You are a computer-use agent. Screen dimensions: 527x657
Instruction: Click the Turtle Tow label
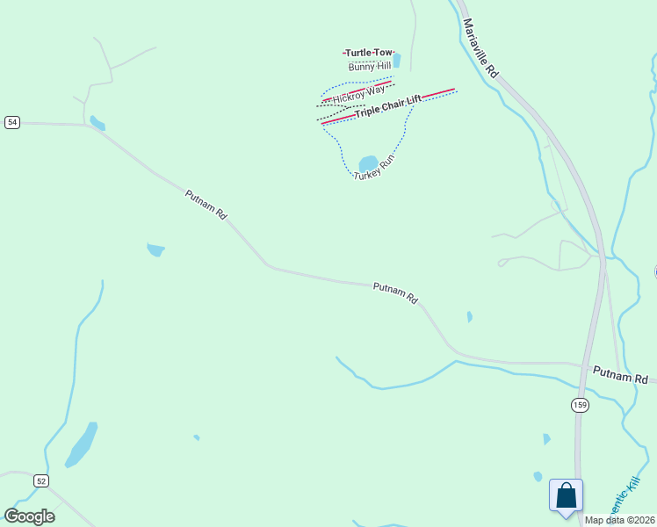[369, 54]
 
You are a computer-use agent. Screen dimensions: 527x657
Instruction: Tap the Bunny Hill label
[369, 67]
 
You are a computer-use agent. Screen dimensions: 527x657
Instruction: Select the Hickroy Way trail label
[358, 93]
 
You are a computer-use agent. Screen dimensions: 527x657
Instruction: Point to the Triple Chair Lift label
[387, 106]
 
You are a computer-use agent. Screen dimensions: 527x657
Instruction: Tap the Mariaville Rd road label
[480, 48]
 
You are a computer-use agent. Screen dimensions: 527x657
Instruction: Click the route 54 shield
[11, 122]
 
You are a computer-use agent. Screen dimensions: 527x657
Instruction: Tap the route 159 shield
[579, 404]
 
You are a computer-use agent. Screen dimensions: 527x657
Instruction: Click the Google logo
[29, 516]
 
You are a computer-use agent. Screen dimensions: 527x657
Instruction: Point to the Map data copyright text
[620, 520]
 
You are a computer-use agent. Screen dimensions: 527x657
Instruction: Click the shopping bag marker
[567, 495]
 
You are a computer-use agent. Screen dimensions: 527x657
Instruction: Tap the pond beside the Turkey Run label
[368, 163]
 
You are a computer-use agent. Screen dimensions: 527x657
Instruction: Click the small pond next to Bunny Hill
[397, 61]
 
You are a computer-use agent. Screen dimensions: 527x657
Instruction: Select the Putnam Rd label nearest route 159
[620, 375]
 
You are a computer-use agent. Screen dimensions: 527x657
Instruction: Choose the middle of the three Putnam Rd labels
[395, 292]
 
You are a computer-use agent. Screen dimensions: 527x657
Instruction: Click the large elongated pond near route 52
[81, 445]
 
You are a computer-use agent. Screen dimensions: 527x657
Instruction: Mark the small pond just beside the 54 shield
[97, 123]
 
